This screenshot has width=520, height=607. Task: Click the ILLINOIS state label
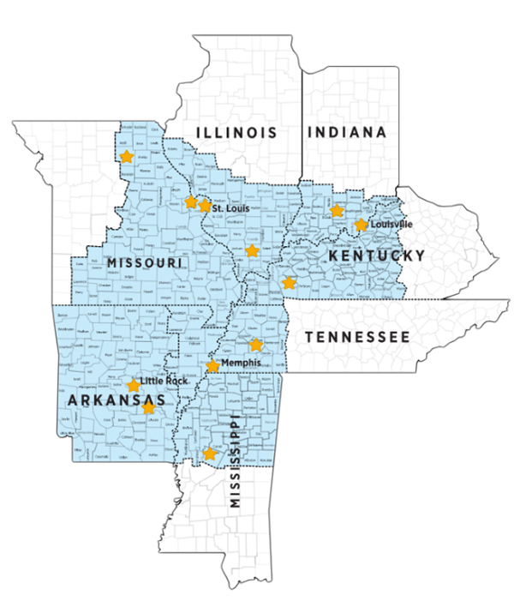[236, 132]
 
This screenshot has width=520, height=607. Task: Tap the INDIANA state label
[346, 132]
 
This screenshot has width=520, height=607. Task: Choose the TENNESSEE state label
[358, 337]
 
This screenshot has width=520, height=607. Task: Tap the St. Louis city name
[230, 207]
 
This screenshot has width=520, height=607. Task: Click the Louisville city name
[391, 224]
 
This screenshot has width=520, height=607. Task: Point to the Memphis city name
[240, 364]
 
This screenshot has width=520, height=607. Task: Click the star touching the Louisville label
[361, 225]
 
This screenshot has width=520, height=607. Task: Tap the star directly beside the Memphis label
[212, 366]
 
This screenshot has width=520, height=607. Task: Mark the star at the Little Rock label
[134, 386]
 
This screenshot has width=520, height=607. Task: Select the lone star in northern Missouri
[127, 157]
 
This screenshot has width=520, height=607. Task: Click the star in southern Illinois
[251, 251]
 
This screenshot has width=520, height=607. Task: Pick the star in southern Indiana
[337, 210]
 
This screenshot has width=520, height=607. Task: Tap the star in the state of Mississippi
[209, 454]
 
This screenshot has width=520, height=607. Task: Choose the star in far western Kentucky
[289, 282]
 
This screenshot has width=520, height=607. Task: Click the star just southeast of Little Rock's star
[149, 408]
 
